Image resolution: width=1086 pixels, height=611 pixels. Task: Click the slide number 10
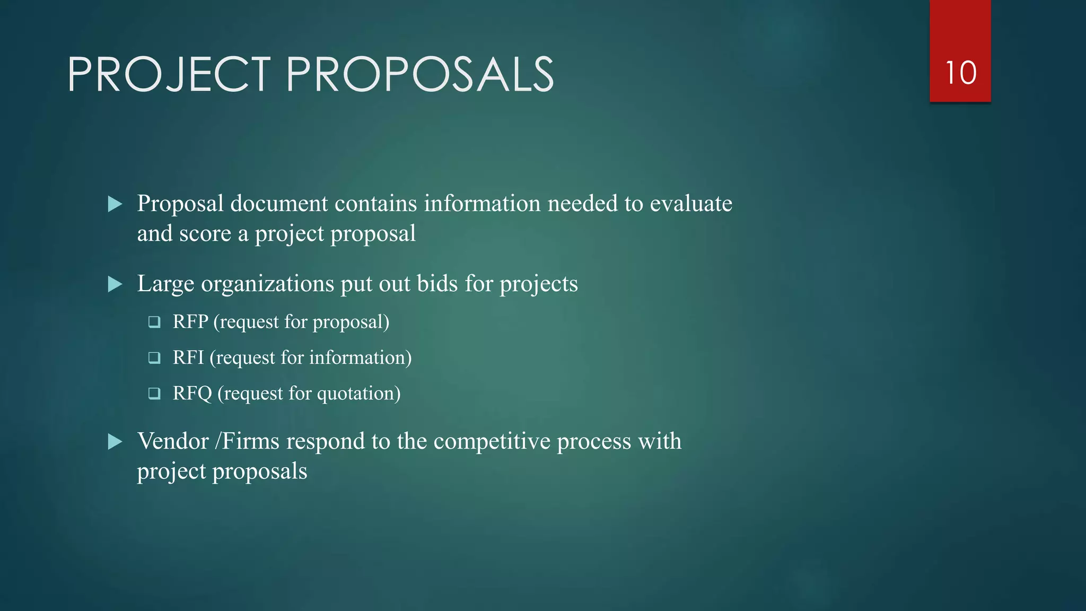click(960, 73)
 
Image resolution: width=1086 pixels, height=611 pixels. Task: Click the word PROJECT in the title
click(169, 75)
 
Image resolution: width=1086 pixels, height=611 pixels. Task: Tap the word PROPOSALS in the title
click(420, 75)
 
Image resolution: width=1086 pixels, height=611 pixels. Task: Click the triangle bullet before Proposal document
click(115, 204)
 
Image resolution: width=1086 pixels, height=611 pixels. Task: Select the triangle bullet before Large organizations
click(115, 284)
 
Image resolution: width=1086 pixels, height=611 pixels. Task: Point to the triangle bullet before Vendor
click(115, 442)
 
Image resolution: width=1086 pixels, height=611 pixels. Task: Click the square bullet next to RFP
click(154, 322)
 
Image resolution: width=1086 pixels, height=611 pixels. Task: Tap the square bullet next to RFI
click(154, 358)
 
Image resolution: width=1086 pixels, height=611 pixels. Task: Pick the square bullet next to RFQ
click(154, 394)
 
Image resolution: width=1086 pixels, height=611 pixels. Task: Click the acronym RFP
click(190, 322)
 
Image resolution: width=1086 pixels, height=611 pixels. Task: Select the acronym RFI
click(188, 358)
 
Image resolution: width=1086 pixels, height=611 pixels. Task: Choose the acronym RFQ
click(192, 394)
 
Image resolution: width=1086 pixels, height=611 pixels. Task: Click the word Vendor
click(173, 441)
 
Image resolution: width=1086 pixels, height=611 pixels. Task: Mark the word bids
click(437, 284)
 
